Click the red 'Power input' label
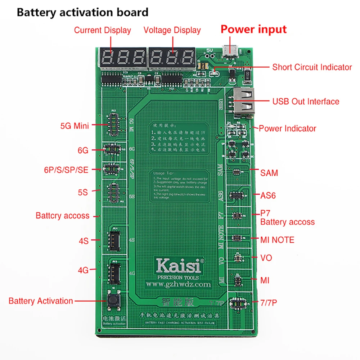253,29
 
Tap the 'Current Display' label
102,30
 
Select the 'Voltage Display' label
172,30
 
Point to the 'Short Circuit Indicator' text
312,67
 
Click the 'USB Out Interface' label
306,102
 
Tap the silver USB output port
243,103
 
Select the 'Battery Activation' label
41,301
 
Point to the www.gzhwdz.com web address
178,284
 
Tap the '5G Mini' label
75,126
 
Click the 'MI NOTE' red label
277,240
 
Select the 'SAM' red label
269,173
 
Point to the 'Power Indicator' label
287,129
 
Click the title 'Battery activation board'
82,13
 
